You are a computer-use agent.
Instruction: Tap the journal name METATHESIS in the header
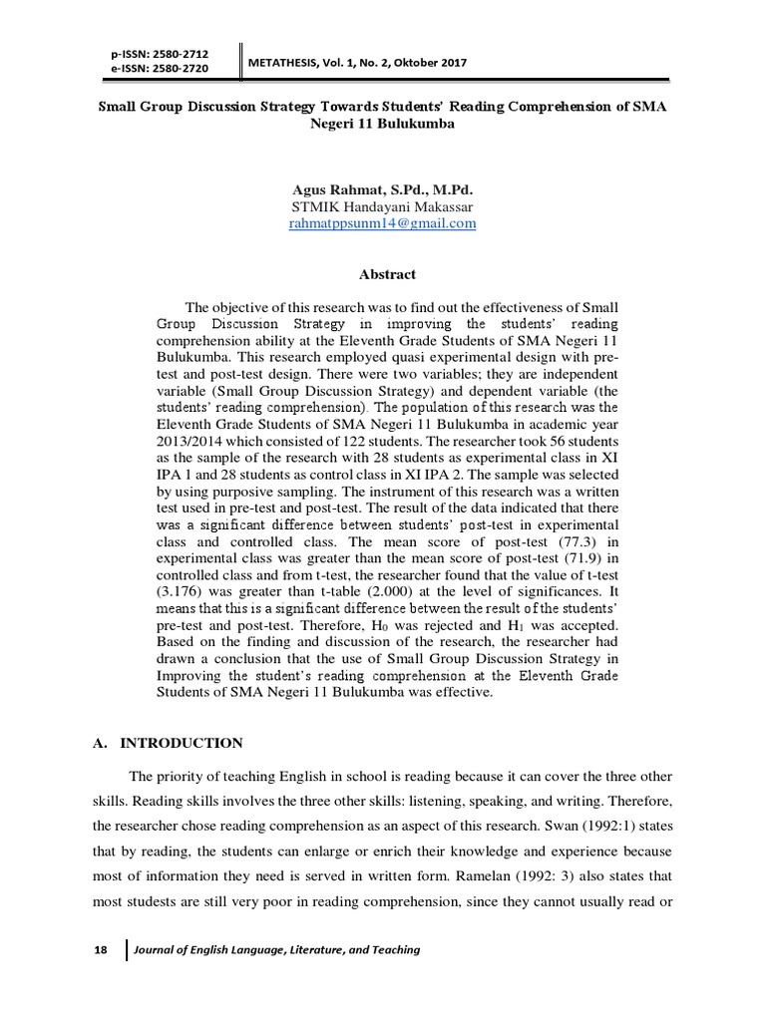tap(286, 64)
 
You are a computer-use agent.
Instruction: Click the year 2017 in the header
tap(449, 64)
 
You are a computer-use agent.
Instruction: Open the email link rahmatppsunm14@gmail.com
tap(382, 223)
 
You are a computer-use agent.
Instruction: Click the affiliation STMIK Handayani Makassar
tap(382, 206)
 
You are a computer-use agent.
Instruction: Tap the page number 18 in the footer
tap(100, 949)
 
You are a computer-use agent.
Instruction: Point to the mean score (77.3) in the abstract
tap(573, 540)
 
